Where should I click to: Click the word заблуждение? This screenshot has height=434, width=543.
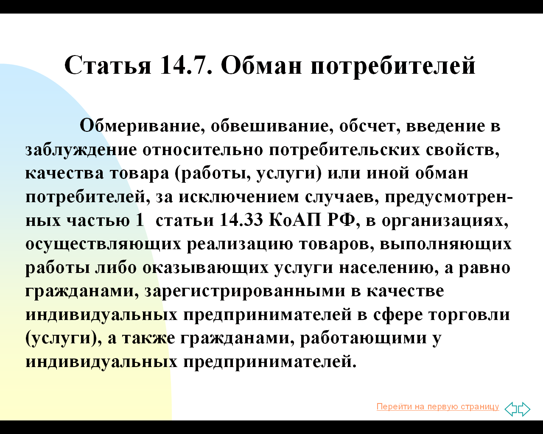(81, 150)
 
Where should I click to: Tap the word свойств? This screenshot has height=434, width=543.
(463, 150)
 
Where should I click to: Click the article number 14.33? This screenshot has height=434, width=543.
(241, 220)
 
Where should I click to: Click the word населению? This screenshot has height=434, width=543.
(389, 268)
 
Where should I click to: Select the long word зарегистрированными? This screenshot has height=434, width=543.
(245, 291)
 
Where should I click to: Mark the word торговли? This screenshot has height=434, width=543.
(469, 315)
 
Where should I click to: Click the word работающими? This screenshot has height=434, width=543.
(364, 338)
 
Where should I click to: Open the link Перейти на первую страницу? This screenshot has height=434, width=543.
(438, 406)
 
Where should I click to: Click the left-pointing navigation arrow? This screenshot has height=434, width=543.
(511, 409)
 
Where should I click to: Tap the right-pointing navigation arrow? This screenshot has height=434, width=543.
(524, 409)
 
